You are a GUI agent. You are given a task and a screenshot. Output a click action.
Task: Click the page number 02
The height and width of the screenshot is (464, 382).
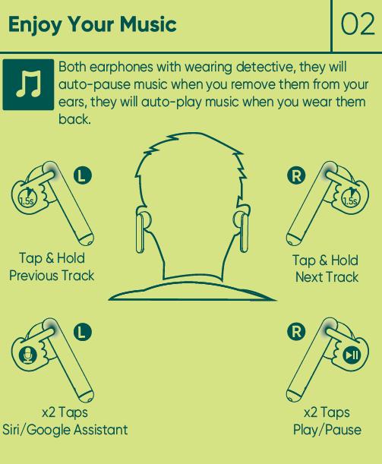[x=358, y=24]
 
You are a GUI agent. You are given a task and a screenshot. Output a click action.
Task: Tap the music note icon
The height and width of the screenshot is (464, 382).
[x=28, y=84]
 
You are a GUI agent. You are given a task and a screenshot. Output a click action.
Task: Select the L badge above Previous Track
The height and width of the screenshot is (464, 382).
[x=83, y=175]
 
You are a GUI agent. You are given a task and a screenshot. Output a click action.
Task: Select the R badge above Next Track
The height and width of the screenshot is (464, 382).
[x=296, y=175]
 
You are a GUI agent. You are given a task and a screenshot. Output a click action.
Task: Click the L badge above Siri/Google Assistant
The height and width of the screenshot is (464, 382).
[x=83, y=331]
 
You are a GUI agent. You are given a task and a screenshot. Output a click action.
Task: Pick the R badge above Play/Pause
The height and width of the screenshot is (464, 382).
[x=296, y=331]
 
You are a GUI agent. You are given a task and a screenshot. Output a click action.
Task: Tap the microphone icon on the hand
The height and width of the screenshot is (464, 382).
[x=28, y=355]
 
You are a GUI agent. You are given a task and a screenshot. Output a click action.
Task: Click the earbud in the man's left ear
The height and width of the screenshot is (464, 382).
[x=141, y=231]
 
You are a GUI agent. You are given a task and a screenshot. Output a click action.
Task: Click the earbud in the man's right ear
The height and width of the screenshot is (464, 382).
[x=242, y=232]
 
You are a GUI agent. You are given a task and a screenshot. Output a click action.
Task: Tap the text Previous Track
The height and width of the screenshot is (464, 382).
[x=52, y=276]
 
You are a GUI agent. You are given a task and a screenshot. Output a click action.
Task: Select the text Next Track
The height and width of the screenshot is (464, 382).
[x=327, y=277]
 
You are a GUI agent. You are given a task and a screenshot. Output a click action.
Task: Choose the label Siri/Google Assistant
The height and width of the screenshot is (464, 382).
[x=65, y=430]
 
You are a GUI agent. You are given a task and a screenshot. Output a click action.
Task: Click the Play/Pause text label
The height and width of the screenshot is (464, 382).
[x=327, y=430]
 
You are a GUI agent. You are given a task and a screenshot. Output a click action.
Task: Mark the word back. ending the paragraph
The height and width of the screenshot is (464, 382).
[x=74, y=119]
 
